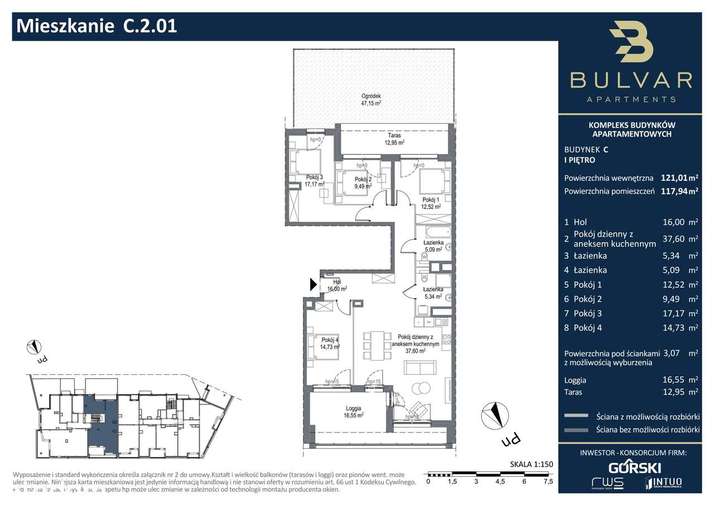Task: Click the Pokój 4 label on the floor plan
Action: tap(330, 343)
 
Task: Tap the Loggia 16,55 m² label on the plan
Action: tap(354, 411)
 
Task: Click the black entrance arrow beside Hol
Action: tap(313, 285)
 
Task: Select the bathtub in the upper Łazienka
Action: tap(434, 230)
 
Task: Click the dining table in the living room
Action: tap(374, 345)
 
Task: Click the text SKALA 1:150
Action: tap(530, 464)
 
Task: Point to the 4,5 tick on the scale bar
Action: tap(500, 481)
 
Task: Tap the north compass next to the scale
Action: tap(494, 414)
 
